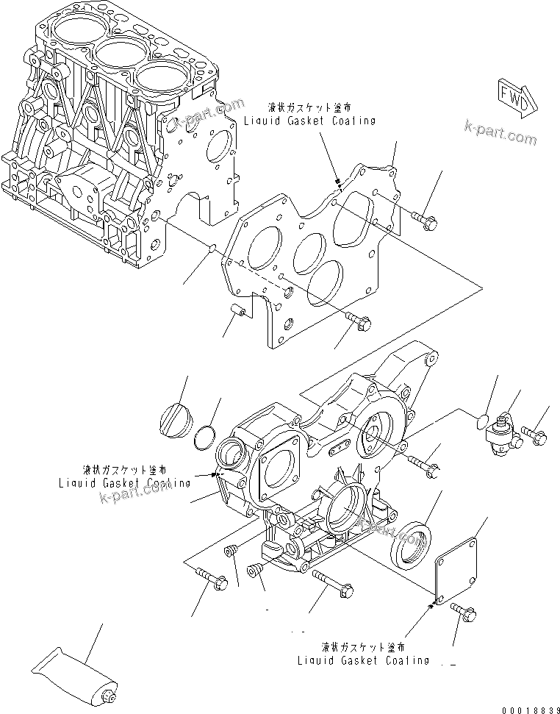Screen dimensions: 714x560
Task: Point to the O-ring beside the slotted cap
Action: coord(205,439)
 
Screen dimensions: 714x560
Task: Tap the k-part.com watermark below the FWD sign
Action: coord(500,134)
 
